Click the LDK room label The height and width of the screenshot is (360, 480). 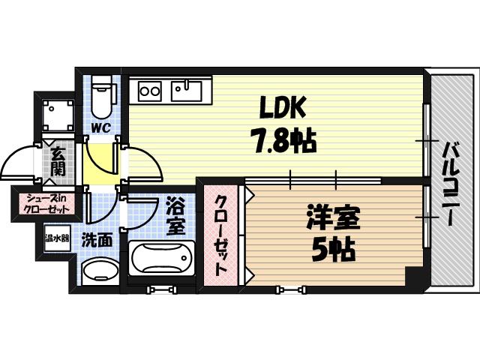pyautogui.click(x=283, y=110)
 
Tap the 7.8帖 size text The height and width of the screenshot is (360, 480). pyautogui.click(x=282, y=140)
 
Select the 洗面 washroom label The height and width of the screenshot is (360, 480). pyautogui.click(x=97, y=241)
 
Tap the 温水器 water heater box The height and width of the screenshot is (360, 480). pyautogui.click(x=57, y=240)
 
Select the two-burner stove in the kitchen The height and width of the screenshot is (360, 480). pyautogui.click(x=150, y=91)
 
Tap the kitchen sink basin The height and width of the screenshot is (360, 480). pyautogui.click(x=186, y=91)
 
